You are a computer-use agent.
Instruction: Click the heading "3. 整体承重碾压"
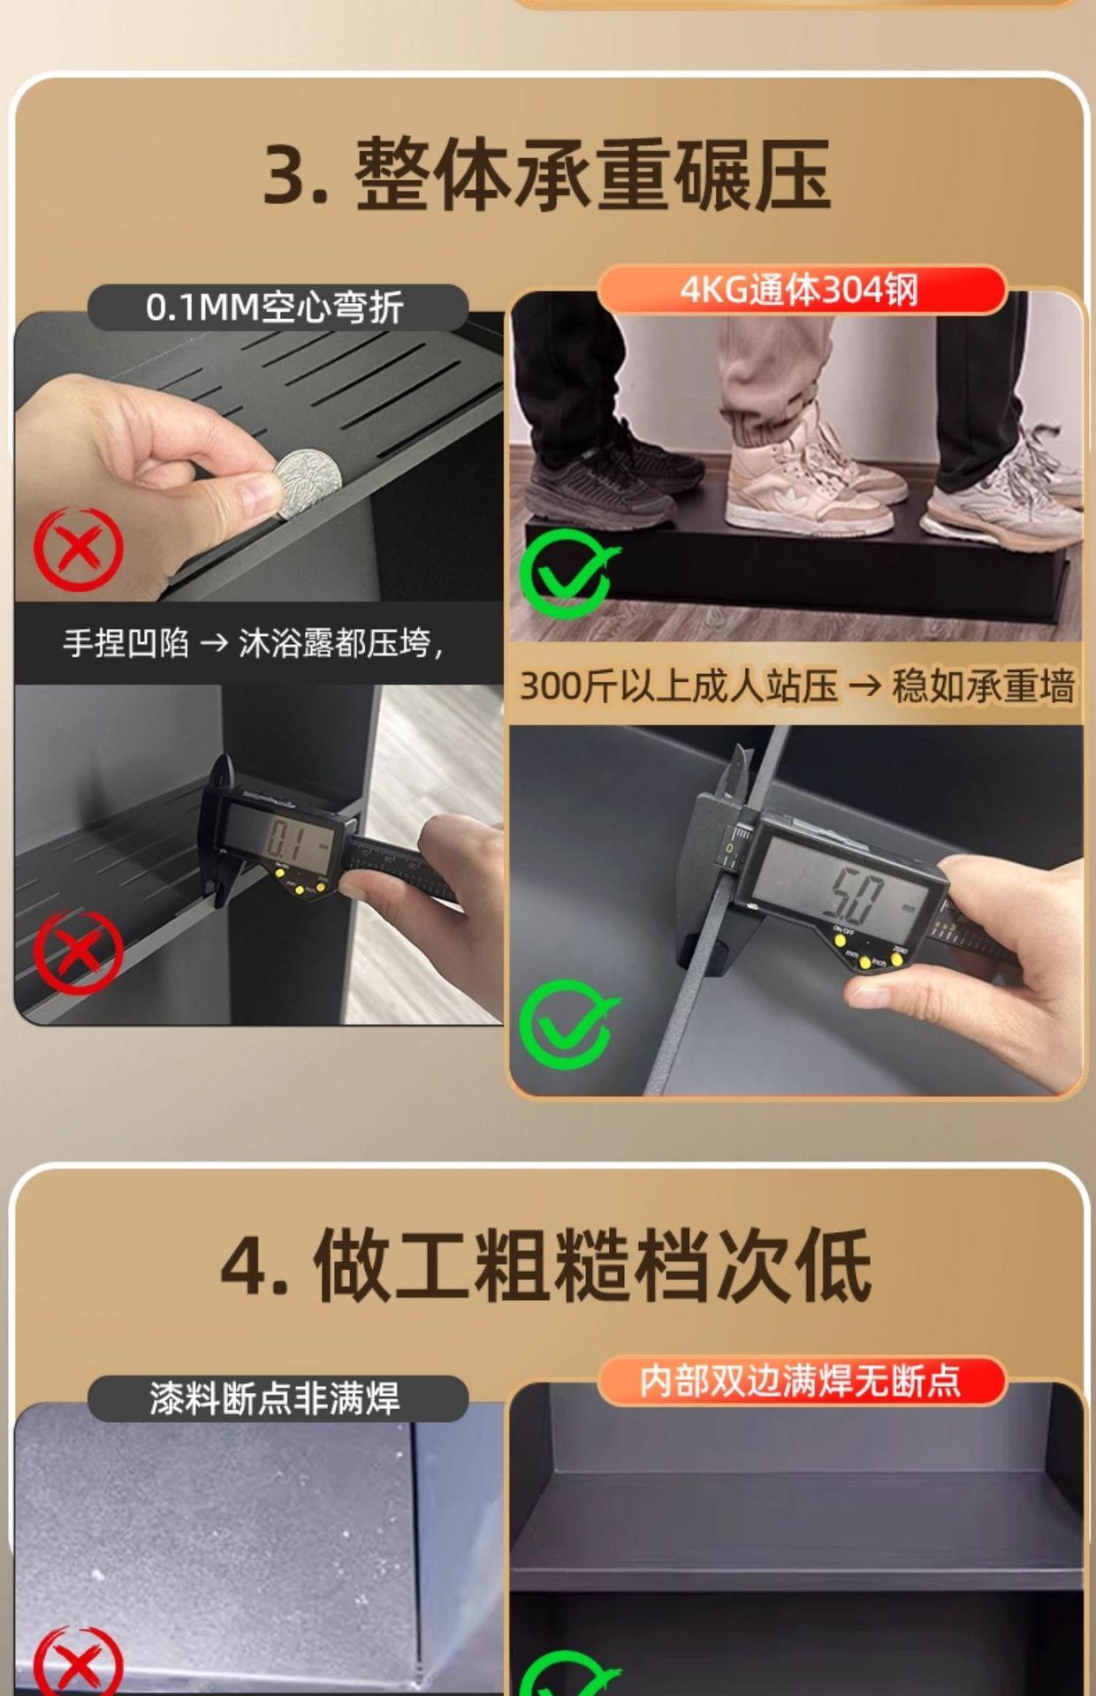[x=547, y=175]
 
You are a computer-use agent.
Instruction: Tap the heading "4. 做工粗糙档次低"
[x=547, y=1266]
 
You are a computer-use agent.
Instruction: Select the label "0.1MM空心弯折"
[x=275, y=307]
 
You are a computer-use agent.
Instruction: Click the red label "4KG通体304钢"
[x=800, y=290]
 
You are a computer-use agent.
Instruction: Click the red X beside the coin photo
[x=78, y=549]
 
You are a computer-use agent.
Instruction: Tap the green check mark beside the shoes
[x=567, y=573]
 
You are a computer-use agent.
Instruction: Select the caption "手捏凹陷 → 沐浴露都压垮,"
[x=253, y=643]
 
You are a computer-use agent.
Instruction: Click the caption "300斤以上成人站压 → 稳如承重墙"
[x=796, y=686]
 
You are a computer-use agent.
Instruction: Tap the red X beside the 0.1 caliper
[x=78, y=952]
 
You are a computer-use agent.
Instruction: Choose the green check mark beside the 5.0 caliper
[x=567, y=1024]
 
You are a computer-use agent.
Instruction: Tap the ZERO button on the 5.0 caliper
[x=896, y=959]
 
